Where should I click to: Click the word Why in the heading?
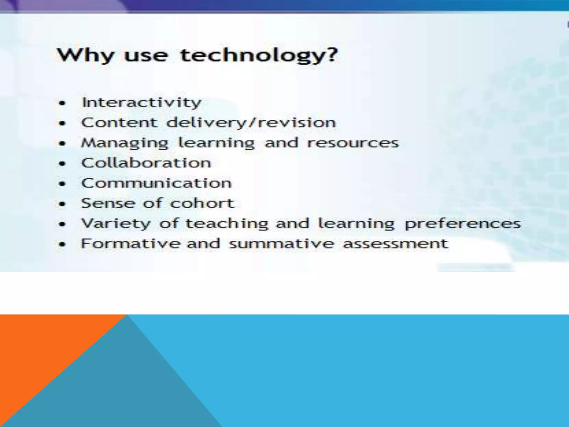(x=86, y=55)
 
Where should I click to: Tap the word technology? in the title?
(x=259, y=55)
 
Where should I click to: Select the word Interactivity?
(x=142, y=103)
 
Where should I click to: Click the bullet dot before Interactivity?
(x=63, y=103)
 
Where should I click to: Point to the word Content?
(x=119, y=123)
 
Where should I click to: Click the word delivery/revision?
(x=251, y=123)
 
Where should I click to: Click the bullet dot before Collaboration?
(x=63, y=164)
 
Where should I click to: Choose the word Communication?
(x=156, y=183)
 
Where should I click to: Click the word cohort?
(x=202, y=203)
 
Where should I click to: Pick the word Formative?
(x=130, y=244)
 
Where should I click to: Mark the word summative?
(x=281, y=244)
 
